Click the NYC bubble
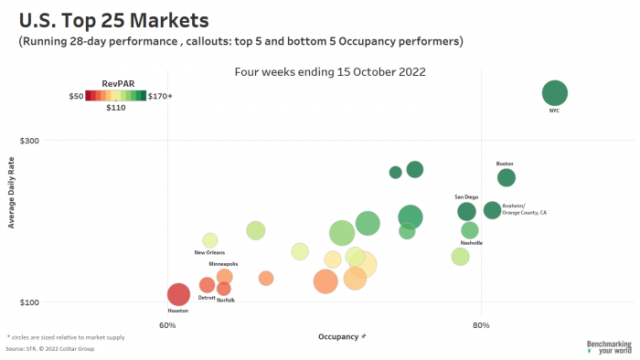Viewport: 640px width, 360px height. (x=555, y=93)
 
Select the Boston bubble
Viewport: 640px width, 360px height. (x=507, y=177)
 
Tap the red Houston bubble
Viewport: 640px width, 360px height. (x=179, y=294)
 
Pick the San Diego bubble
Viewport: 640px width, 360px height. (x=467, y=212)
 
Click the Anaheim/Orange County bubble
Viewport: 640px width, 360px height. (x=492, y=210)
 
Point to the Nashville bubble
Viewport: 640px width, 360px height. (x=470, y=230)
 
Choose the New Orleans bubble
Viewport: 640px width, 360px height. (x=210, y=240)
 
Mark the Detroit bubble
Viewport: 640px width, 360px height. (x=208, y=285)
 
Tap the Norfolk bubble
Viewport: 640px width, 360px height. (x=224, y=289)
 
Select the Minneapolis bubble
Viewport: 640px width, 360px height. (x=224, y=276)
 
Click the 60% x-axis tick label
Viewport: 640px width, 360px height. (x=167, y=325)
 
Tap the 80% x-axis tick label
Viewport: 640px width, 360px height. (x=481, y=325)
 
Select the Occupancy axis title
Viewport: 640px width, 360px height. (x=338, y=337)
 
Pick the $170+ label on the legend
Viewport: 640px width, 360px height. (x=160, y=95)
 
